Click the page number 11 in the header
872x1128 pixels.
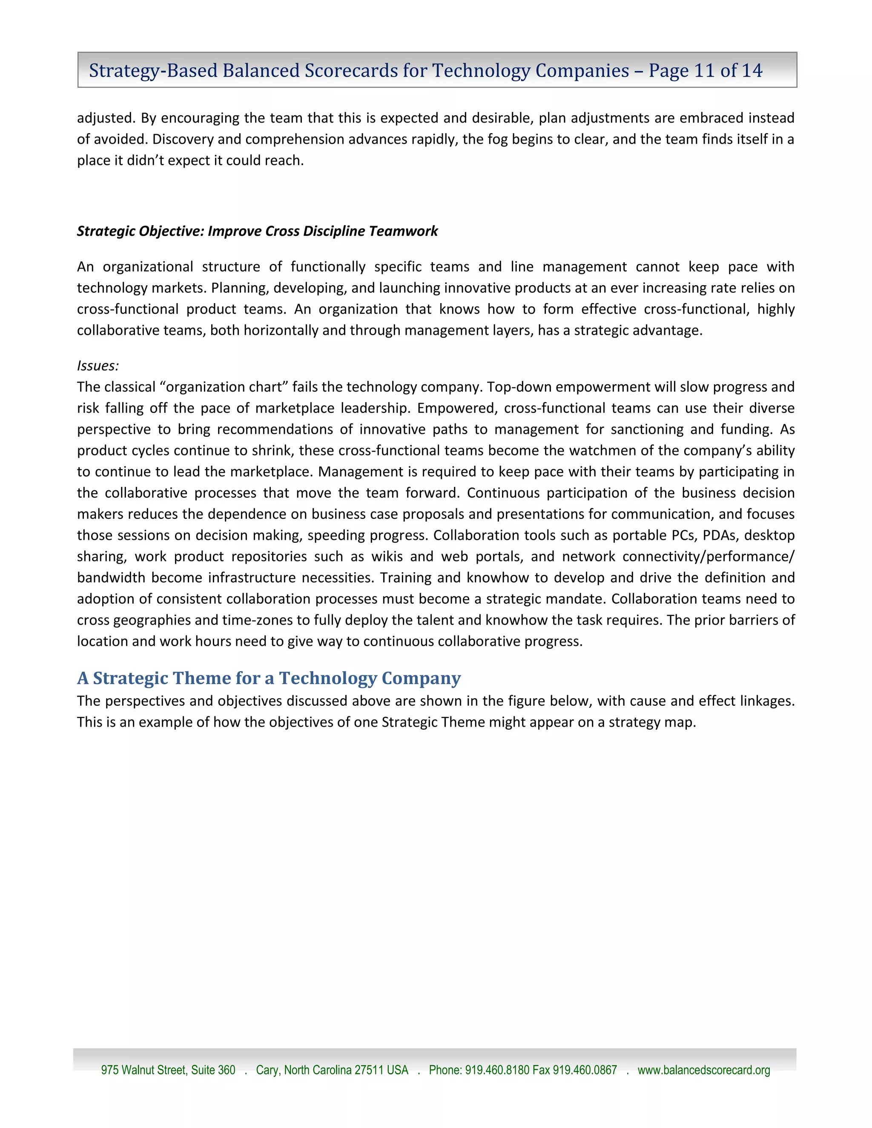(x=704, y=70)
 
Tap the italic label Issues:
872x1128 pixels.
(x=98, y=366)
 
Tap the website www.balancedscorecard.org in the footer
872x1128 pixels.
(x=703, y=1070)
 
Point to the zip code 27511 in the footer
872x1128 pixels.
(x=369, y=1070)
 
